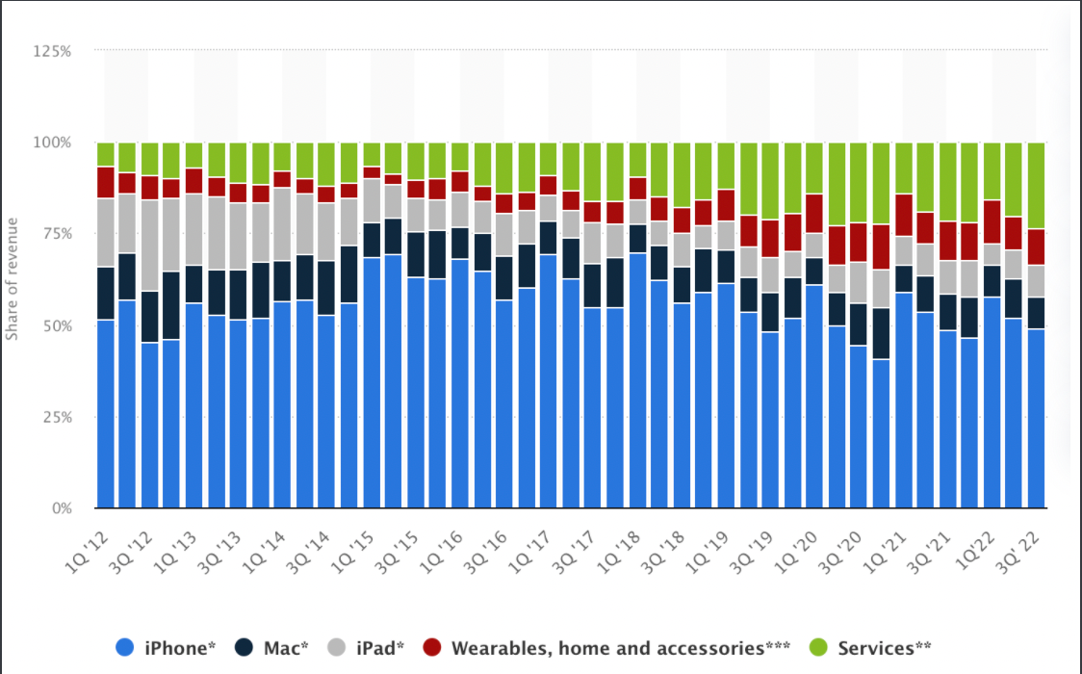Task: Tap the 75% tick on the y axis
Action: coord(56,234)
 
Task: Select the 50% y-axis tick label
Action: coord(56,325)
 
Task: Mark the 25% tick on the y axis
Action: coord(56,417)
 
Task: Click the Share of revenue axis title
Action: coord(13,280)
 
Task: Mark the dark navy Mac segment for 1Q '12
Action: coord(106,294)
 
